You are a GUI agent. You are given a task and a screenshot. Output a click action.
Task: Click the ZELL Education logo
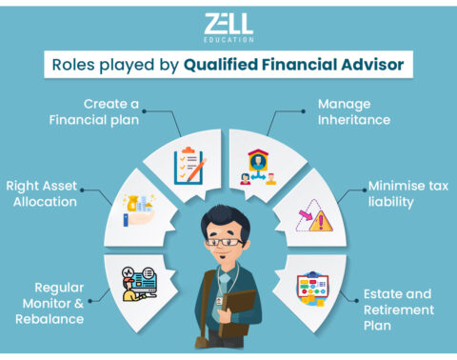[x=228, y=26]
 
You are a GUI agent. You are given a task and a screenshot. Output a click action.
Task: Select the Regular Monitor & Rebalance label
[x=58, y=302]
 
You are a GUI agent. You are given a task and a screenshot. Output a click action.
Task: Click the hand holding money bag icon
[x=139, y=209]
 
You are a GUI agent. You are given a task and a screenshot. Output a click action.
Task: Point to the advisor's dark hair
[x=228, y=215]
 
